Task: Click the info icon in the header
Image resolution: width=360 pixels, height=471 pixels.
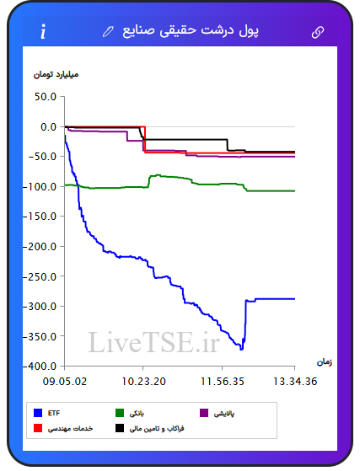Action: (x=44, y=31)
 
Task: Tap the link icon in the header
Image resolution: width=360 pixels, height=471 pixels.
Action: (x=318, y=32)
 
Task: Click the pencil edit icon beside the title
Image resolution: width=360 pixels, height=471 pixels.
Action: (x=108, y=31)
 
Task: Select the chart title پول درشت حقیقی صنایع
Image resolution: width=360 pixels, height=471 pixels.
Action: (x=191, y=31)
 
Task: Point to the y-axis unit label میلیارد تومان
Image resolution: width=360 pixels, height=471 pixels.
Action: (x=56, y=74)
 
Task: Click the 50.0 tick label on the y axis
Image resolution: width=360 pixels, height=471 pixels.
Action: (x=46, y=97)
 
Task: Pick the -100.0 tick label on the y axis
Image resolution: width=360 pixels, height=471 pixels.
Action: (x=40, y=186)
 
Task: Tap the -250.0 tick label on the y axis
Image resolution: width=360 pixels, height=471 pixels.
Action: (x=40, y=276)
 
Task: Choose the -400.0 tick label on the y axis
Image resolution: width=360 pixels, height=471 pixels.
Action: (x=40, y=367)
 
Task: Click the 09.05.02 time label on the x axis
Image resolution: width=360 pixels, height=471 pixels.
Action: (x=65, y=382)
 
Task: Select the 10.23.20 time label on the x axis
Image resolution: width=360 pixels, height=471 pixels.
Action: (x=143, y=382)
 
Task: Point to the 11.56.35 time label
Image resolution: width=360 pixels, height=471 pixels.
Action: (x=223, y=382)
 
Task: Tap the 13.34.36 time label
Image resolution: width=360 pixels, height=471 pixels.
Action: (x=295, y=382)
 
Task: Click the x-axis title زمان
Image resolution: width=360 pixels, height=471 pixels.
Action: (x=325, y=362)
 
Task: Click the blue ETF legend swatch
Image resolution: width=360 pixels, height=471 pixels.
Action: (x=38, y=413)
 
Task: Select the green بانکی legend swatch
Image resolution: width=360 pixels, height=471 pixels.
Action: (x=120, y=413)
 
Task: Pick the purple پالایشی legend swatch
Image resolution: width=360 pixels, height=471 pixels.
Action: (x=204, y=413)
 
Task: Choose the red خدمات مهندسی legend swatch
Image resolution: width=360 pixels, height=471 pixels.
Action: (x=38, y=428)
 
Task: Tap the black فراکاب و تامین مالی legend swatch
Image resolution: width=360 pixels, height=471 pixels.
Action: (x=120, y=428)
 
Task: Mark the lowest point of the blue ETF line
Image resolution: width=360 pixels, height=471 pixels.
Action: (x=241, y=350)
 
